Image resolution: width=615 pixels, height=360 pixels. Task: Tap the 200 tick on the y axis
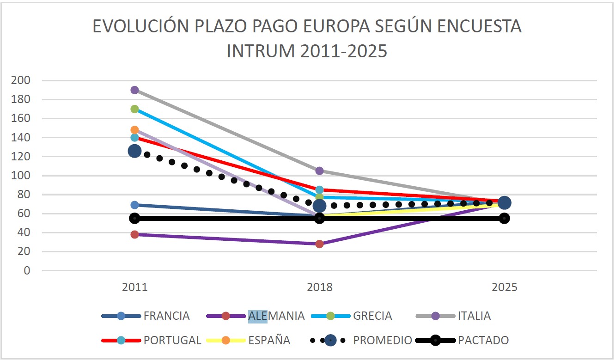click(20, 80)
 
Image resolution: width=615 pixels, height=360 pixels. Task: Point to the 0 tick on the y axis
click(27, 271)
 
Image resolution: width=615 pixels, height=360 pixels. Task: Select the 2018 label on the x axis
click(319, 287)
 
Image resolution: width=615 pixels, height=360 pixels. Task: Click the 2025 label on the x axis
click(504, 287)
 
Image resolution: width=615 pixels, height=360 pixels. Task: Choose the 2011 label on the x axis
click(134, 287)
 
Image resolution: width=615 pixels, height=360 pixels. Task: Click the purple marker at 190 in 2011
click(134, 90)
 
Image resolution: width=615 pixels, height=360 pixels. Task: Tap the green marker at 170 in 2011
click(134, 109)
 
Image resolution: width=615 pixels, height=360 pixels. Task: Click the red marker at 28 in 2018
click(319, 244)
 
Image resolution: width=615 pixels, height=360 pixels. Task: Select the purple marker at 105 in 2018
click(319, 171)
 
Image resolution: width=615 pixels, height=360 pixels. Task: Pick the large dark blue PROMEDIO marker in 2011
click(134, 151)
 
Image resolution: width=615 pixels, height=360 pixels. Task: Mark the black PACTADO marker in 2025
click(504, 218)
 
